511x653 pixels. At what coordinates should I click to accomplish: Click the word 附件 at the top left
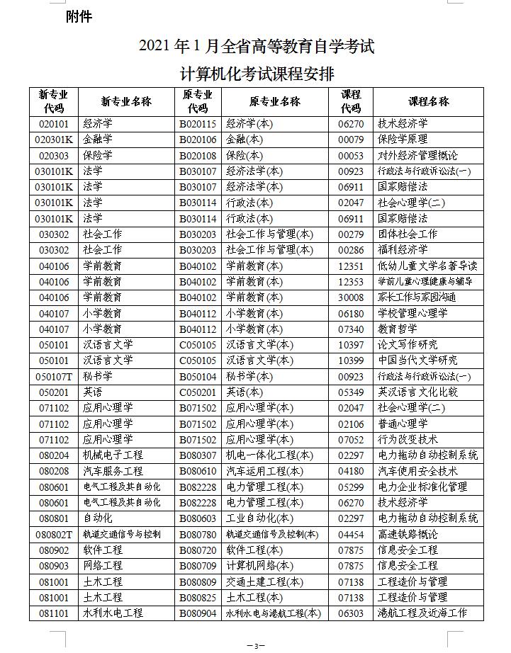79,16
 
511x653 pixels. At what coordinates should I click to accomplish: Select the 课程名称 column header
429,101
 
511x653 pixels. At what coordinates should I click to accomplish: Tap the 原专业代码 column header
198,101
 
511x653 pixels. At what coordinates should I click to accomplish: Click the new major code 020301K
54,139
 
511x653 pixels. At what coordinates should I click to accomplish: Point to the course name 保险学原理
403,139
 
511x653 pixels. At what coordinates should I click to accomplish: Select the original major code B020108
198,155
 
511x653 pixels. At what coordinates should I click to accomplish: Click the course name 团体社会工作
408,234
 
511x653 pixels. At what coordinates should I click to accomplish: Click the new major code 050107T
54,376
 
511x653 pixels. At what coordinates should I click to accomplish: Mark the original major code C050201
198,392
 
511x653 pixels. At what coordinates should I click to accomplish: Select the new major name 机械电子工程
113,455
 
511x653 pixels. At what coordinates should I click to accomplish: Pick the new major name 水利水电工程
113,613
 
